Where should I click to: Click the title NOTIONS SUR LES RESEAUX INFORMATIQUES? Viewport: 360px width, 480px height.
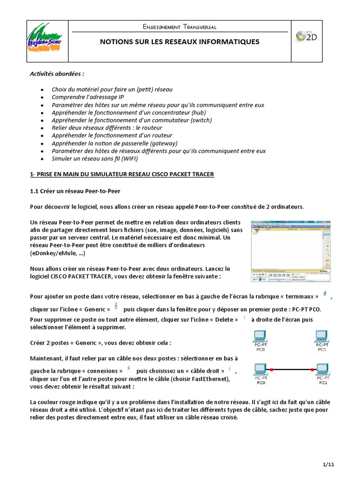tap(180, 42)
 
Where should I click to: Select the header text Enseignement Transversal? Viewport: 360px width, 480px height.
tap(180, 27)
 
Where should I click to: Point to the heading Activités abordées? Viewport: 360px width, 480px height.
tap(57, 74)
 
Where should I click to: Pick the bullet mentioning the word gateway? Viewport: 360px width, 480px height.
tap(115, 143)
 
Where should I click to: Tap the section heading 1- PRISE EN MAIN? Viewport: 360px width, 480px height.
tap(122, 174)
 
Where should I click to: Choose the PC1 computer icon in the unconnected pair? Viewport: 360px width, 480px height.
tap(322, 337)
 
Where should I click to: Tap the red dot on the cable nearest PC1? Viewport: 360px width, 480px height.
tap(312, 370)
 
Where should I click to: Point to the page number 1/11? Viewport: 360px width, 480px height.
tap(328, 465)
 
